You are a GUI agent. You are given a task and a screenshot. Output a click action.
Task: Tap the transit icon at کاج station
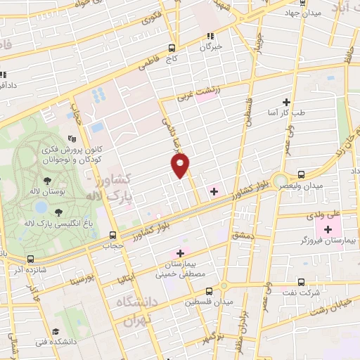(x=172, y=48)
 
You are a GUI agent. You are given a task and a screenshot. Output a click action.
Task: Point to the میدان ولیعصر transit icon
(x=301, y=174)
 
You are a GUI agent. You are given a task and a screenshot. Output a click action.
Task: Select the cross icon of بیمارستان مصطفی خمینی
(x=180, y=253)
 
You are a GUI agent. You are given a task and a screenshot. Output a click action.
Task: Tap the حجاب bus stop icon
(x=112, y=236)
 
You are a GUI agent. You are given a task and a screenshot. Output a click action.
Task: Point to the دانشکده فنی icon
(x=56, y=331)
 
